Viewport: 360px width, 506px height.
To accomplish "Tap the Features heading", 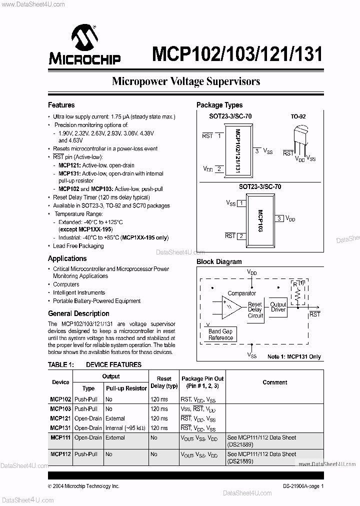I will click(61, 105).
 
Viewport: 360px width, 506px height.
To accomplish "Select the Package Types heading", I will click(219, 105).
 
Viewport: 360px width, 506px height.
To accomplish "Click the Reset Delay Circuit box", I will click(255, 310).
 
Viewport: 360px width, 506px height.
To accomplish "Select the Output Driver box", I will click(278, 307).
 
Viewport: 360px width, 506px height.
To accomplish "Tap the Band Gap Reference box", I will click(220, 334).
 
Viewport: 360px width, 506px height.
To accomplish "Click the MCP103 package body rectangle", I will click(259, 218).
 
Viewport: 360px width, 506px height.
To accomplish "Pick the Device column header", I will click(60, 382).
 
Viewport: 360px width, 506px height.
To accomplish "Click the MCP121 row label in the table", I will click(60, 418).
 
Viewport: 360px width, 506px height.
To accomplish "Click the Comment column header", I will click(274, 382).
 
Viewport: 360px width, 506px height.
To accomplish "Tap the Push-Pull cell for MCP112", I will click(86, 454).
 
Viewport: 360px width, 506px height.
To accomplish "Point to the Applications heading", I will click(67, 258).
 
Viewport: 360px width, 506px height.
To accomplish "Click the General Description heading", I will click(78, 313).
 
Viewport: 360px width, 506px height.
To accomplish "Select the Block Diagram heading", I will click(219, 261).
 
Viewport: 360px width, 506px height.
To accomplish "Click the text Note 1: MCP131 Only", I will click(294, 357).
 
